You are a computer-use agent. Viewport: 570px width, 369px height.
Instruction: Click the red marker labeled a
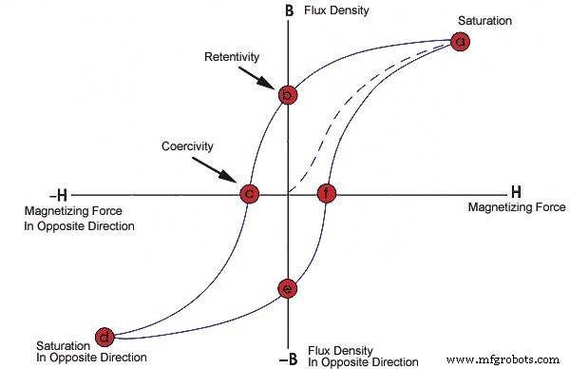pyautogui.click(x=460, y=42)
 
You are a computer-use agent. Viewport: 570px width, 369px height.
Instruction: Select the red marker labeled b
pyautogui.click(x=288, y=94)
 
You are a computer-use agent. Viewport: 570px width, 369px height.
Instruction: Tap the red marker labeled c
pyautogui.click(x=249, y=194)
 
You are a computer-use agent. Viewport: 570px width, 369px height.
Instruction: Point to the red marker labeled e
pyautogui.click(x=288, y=288)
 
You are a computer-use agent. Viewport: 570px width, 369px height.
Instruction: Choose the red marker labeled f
pyautogui.click(x=326, y=194)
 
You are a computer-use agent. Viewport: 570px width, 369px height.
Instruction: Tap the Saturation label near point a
pyautogui.click(x=459, y=19)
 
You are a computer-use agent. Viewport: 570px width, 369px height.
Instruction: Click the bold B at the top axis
pyautogui.click(x=288, y=10)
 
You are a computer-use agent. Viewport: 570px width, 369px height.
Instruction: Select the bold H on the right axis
pyautogui.click(x=517, y=192)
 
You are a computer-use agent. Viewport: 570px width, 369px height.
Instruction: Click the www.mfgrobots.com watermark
pyautogui.click(x=503, y=359)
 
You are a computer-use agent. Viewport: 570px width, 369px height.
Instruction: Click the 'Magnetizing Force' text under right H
pyautogui.click(x=516, y=207)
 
